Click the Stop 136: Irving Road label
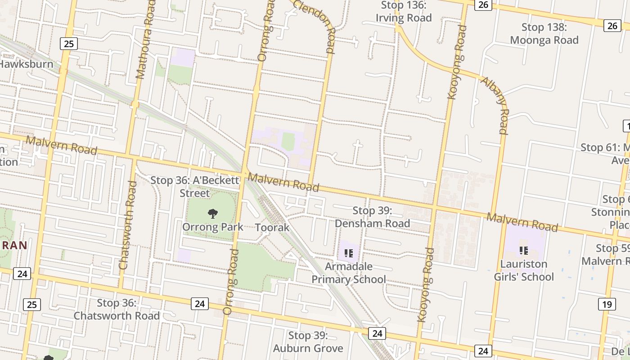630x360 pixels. [404, 12]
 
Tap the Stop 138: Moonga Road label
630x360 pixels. [544, 34]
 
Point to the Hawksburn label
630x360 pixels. [26, 64]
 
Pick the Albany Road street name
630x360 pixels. [496, 105]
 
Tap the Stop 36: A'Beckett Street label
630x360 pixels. [195, 187]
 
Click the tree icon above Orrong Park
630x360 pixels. [213, 214]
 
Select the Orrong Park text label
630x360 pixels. [213, 227]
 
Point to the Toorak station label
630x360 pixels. [272, 227]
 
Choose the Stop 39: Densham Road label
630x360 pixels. [372, 217]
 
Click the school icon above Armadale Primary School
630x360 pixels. [348, 253]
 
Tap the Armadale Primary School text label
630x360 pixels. [349, 273]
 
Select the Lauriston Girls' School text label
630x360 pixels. [524, 270]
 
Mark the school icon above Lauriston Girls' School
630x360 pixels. [523, 250]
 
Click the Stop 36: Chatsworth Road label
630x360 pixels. [117, 309]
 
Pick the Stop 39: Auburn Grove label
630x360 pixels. [308, 342]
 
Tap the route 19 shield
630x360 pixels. [607, 305]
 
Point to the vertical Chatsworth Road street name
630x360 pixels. [127, 225]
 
